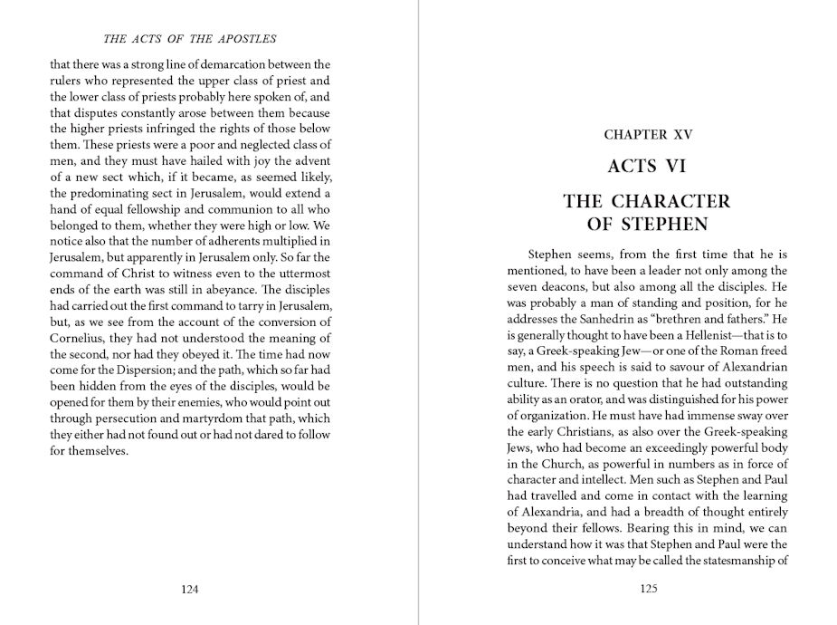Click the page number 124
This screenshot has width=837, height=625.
tap(189, 589)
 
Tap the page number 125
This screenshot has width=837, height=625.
tap(647, 589)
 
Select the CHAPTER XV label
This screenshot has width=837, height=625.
tap(647, 135)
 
